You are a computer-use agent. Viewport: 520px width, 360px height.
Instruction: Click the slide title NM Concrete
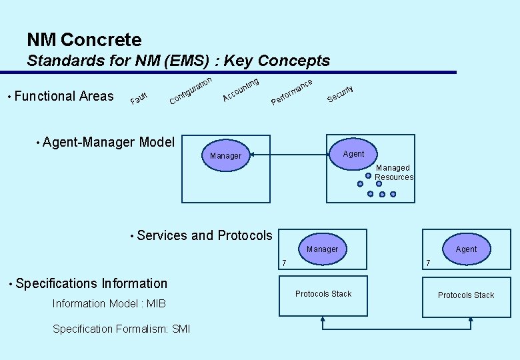(x=84, y=40)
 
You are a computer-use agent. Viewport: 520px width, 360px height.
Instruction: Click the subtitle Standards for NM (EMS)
(x=178, y=61)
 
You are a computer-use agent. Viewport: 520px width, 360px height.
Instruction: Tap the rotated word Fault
(x=139, y=99)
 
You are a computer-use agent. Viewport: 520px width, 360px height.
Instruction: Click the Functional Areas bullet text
(x=63, y=96)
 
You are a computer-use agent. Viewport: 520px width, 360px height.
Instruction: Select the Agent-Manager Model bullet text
(x=108, y=141)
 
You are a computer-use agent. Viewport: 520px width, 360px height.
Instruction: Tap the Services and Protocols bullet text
(x=204, y=235)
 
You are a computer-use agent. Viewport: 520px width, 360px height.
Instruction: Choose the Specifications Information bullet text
(x=91, y=283)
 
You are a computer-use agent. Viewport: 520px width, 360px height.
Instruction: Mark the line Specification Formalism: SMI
(x=121, y=329)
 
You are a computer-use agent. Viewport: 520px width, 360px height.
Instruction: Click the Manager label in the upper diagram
(x=225, y=156)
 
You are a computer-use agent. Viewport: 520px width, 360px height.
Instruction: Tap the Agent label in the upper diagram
(x=353, y=154)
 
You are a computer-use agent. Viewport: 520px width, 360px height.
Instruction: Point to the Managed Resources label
(x=393, y=173)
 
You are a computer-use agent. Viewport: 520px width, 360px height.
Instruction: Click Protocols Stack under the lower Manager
(x=323, y=294)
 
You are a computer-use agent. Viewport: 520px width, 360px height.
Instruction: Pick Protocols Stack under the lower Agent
(x=466, y=295)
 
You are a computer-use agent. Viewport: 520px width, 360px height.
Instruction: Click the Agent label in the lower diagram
(x=466, y=249)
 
